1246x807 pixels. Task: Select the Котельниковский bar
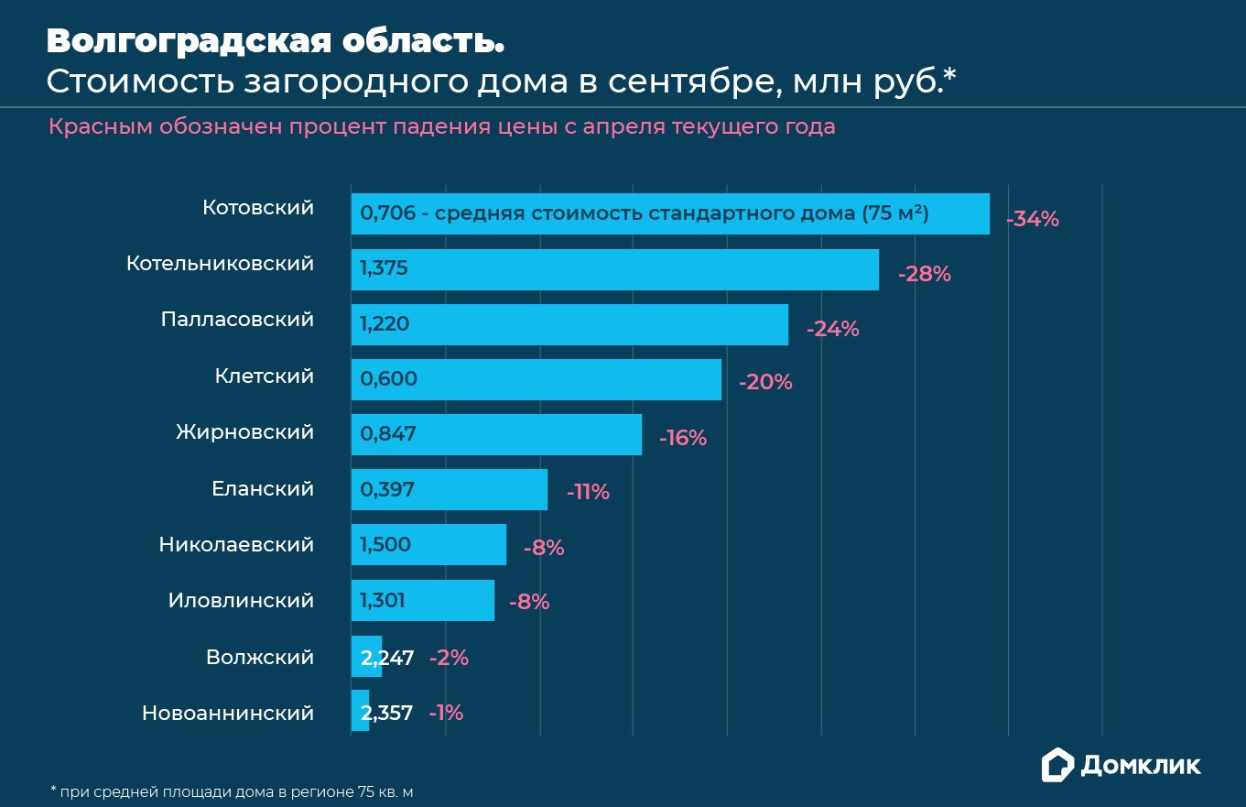point(614,269)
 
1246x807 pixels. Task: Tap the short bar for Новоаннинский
point(360,711)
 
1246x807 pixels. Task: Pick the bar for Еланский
point(449,490)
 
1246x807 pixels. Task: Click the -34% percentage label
point(1032,220)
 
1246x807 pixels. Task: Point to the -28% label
point(925,274)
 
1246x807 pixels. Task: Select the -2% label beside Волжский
point(449,658)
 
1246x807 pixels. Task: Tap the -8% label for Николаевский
point(544,549)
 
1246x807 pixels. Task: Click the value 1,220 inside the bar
point(385,324)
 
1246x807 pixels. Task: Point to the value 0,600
point(389,379)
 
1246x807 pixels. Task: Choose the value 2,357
point(387,713)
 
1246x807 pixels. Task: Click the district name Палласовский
point(237,320)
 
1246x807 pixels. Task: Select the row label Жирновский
point(244,431)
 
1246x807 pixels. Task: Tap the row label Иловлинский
point(241,601)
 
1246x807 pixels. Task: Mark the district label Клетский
point(264,376)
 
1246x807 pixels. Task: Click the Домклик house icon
point(1057,765)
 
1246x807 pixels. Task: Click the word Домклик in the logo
point(1141,766)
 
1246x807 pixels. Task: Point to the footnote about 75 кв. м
point(238,791)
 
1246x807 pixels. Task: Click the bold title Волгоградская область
point(275,41)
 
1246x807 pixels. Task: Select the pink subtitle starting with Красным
point(441,126)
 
